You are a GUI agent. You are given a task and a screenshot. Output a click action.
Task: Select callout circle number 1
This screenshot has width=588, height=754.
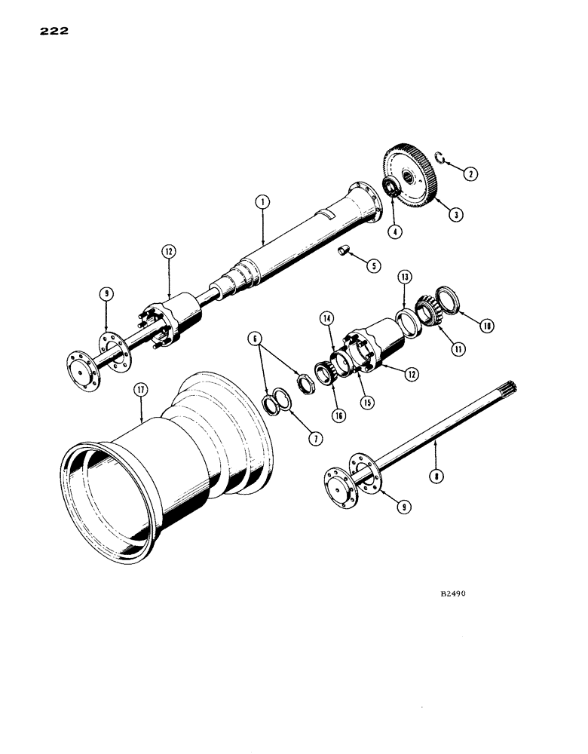(262, 202)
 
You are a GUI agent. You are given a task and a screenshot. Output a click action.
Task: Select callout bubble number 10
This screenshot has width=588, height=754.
(488, 325)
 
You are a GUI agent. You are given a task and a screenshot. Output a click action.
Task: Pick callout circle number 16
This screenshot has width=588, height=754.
(339, 414)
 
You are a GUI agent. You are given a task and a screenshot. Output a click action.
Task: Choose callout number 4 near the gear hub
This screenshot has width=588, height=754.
(392, 232)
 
